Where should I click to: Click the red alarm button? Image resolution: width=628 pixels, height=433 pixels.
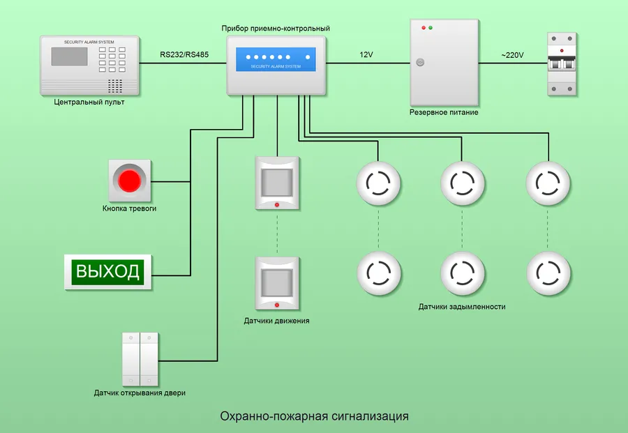point(130,181)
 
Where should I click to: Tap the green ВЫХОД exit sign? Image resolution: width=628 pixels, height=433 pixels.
point(109,271)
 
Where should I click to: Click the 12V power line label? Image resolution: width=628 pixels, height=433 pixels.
point(367,54)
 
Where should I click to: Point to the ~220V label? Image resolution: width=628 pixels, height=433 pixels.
point(514,54)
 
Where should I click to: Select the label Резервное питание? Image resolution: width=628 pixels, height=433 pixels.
point(444,112)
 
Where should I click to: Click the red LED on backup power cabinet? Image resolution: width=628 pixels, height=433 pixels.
point(423,28)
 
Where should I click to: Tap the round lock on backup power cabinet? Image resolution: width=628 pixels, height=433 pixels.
point(420,62)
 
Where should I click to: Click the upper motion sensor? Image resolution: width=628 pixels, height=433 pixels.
point(277,183)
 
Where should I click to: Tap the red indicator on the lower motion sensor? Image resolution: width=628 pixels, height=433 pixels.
point(277,305)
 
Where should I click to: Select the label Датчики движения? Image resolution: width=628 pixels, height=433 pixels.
point(276,321)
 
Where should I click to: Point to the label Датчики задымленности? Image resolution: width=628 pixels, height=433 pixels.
point(462,307)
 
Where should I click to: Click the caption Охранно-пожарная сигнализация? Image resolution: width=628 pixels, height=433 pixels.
point(314,416)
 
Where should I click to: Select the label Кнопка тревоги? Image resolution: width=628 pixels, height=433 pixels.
point(129,208)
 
